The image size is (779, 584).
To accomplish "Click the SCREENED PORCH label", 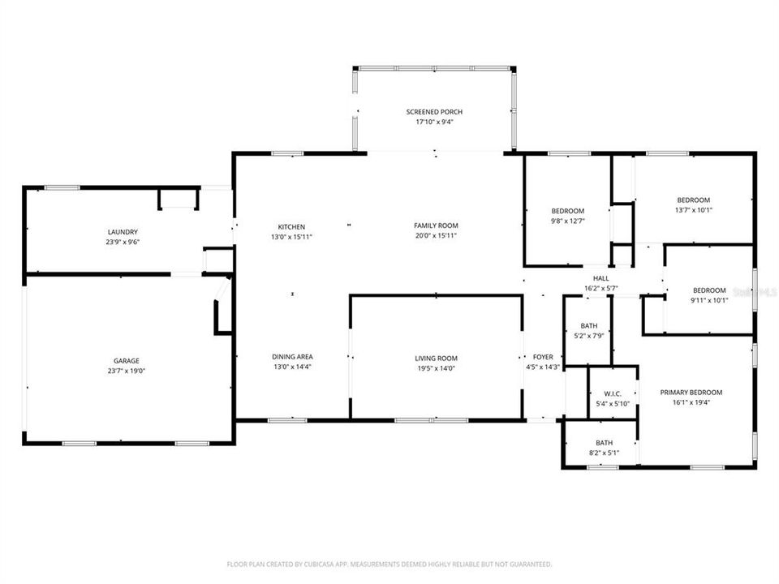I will point(434,112).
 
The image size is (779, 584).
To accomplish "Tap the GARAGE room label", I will point(126,361).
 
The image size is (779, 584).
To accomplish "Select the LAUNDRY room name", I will point(123,232).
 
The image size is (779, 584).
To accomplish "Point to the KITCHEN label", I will point(291,226).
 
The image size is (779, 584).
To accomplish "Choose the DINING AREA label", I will point(292,357).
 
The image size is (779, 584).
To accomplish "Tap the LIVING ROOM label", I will point(437,359).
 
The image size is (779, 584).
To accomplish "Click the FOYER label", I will point(542,357).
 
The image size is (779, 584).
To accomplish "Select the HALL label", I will point(601,278).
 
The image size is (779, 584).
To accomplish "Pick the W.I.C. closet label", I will point(612,393).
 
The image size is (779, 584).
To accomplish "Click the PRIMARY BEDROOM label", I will point(691,393).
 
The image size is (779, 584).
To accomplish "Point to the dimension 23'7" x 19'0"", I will point(126,371).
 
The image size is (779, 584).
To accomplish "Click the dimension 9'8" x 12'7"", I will point(567,221).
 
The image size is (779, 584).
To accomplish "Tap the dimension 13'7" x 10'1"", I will point(693,210).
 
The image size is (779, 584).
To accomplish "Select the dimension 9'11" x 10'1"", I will point(709,300).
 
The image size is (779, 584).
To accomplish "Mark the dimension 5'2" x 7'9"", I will point(588,336).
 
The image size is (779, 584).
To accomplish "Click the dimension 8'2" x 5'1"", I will point(604,453).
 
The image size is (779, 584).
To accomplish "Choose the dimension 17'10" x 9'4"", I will point(434,122).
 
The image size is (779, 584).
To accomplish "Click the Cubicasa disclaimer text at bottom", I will point(389,564).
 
